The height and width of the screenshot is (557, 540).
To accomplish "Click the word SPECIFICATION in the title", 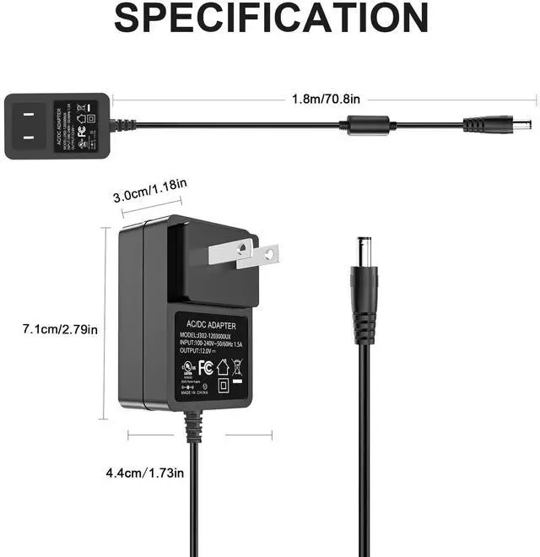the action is pyautogui.click(x=271, y=19).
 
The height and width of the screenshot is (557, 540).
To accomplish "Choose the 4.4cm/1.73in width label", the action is pyautogui.click(x=144, y=473).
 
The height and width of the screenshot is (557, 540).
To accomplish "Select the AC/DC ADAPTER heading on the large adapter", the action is pyautogui.click(x=212, y=324).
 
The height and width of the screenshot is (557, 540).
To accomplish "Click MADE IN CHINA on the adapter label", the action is pyautogui.click(x=194, y=393).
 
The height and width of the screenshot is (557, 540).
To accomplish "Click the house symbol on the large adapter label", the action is pyautogui.click(x=222, y=367).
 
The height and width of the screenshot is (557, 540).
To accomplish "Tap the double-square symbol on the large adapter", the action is pyautogui.click(x=222, y=386).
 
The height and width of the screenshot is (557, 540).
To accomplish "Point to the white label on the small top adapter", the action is pyautogui.click(x=75, y=126).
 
